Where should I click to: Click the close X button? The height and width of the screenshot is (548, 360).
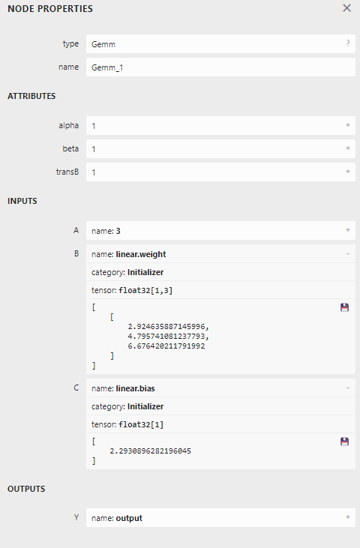coord(346,8)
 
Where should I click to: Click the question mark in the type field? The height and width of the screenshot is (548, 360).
coord(348,43)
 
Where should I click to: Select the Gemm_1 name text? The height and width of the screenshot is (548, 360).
coord(107,67)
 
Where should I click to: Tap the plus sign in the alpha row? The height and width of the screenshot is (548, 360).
coord(348,124)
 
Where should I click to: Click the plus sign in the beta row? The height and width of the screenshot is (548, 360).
coord(348,148)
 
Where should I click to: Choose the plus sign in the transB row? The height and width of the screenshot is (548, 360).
coord(348,171)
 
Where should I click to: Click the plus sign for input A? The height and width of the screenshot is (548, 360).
coord(348,229)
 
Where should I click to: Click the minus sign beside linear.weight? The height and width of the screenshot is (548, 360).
coord(348,253)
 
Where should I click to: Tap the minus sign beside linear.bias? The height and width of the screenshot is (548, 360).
coord(348,388)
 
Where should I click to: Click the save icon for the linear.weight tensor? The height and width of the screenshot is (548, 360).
coord(344,307)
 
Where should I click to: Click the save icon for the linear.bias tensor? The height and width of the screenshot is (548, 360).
coord(344,442)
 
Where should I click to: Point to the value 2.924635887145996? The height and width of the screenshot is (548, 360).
coord(168,327)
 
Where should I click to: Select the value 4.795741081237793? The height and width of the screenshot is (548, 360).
coord(168,337)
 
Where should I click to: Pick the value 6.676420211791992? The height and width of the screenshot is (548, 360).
coord(166,346)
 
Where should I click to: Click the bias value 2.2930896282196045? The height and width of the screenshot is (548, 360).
coord(150,451)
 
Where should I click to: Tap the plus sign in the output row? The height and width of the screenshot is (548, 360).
coord(348,517)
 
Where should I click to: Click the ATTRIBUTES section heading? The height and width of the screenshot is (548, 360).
coord(31,96)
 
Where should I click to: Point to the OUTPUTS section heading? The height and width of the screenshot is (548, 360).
coord(26,489)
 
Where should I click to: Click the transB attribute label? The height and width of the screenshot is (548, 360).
coord(67,172)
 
